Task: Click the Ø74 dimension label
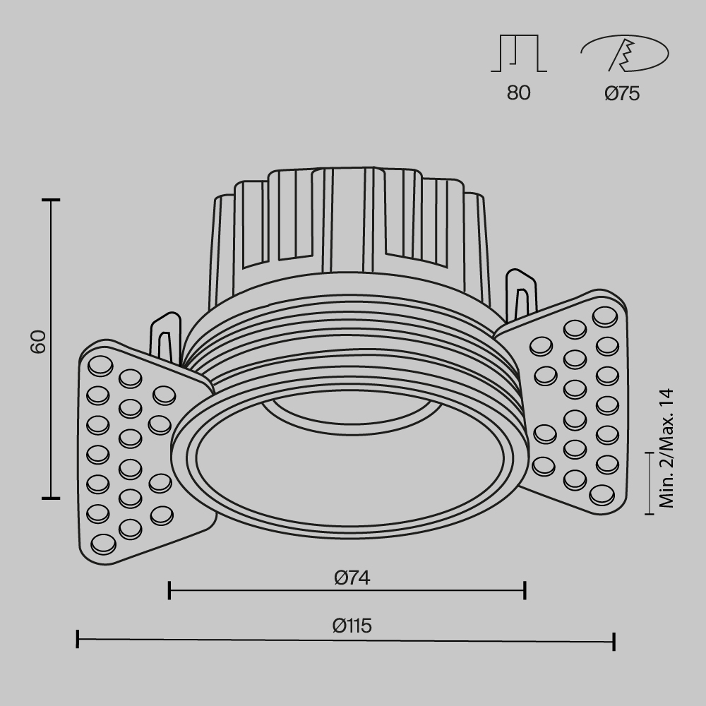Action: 352,578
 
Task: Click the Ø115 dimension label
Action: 352,626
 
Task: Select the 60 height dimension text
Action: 39,342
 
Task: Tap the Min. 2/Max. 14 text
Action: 666,448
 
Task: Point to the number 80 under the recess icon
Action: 518,93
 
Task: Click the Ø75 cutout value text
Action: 622,93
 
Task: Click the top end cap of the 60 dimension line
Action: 51,201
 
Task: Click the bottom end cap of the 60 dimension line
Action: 51,498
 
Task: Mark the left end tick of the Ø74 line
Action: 169,590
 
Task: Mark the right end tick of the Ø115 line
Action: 614,641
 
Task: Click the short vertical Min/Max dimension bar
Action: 650,484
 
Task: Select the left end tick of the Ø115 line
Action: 77,640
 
